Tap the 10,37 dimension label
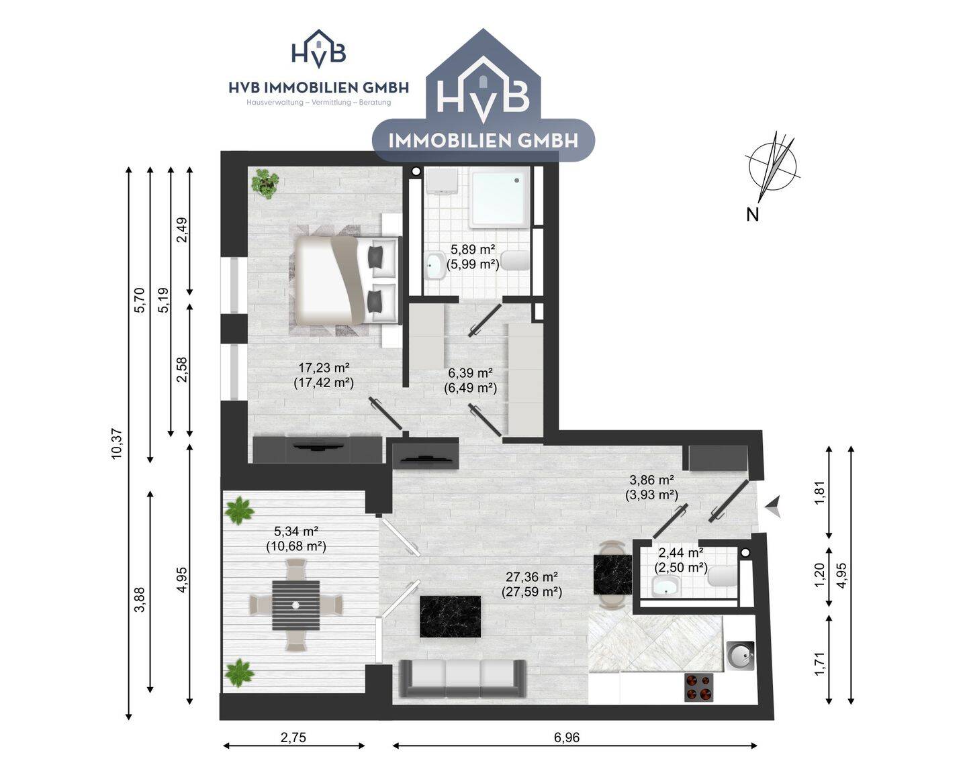(117, 444)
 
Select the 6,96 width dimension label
(567, 737)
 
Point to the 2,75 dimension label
(293, 737)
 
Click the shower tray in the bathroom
(500, 199)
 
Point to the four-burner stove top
(699, 688)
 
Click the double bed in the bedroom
(347, 280)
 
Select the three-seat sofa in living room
(463, 678)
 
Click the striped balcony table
(295, 605)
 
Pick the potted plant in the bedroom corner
(265, 183)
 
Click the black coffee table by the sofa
(450, 616)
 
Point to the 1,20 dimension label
(819, 574)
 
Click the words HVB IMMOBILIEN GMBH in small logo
(318, 88)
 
